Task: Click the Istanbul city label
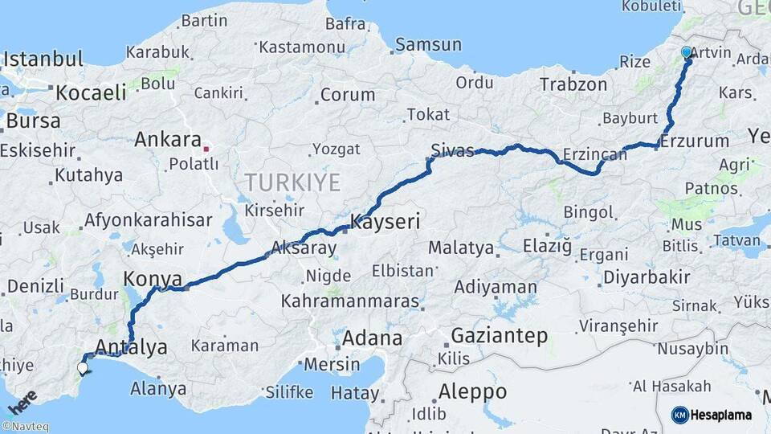[x=43, y=59]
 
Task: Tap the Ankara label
[x=167, y=139]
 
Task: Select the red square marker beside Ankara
[x=206, y=148]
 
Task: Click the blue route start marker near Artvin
[x=687, y=53]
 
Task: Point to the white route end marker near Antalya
[x=83, y=368]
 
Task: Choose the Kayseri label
[x=385, y=222]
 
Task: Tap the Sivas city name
[x=453, y=150]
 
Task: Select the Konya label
[x=148, y=278]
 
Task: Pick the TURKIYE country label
[x=293, y=182]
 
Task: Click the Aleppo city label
[x=473, y=391]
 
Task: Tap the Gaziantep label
[x=499, y=335]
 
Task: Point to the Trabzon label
[x=573, y=84]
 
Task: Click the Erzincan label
[x=594, y=153]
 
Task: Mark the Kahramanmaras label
[x=350, y=301]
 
